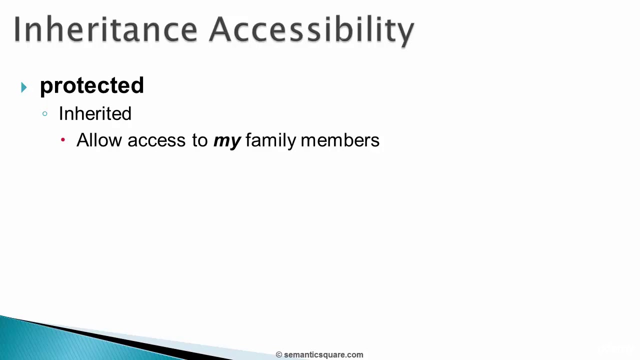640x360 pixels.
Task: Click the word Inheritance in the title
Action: point(105,29)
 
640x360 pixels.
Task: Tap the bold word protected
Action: point(92,86)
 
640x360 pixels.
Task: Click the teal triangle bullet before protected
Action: point(24,88)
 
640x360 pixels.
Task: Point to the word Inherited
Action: point(95,114)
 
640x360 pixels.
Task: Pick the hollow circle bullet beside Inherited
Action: point(45,114)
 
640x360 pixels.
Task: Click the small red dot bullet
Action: point(63,140)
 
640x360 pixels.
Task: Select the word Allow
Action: point(99,140)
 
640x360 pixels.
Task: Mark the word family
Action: point(271,140)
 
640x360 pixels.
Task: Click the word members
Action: point(340,140)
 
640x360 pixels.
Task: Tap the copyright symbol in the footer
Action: point(279,355)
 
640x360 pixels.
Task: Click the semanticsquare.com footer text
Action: point(323,355)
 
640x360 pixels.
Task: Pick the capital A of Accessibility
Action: point(222,29)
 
